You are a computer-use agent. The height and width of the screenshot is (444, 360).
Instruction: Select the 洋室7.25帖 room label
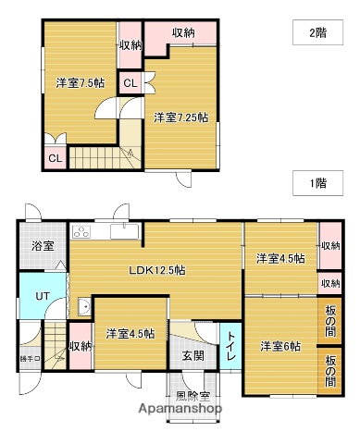coord(180,117)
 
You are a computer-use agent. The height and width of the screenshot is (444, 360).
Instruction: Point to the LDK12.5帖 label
coord(157,270)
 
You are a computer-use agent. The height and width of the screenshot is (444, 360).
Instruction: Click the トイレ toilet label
coord(230,345)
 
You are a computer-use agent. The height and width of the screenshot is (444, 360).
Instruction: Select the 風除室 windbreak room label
coord(192,395)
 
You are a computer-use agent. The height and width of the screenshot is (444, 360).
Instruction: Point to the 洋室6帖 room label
coord(279,346)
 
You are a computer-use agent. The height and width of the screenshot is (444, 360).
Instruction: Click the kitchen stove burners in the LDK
coord(80,230)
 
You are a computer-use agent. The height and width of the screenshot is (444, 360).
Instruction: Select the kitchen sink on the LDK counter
coord(122,230)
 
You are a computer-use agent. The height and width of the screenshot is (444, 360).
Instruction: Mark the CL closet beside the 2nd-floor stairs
coord(56,157)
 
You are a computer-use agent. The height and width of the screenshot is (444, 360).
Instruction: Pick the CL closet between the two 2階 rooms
coord(130,83)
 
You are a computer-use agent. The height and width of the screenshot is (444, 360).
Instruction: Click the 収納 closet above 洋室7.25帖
coord(183,33)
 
